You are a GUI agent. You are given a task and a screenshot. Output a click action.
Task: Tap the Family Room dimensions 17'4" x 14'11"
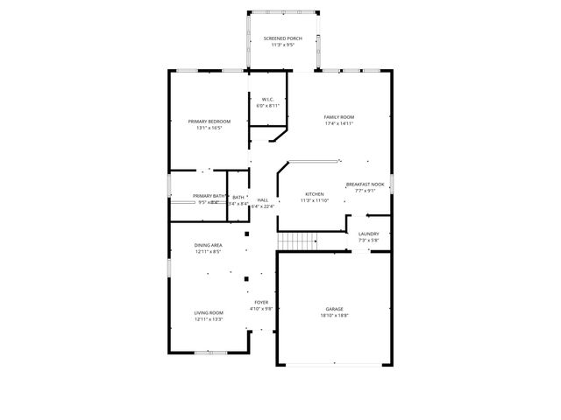click(x=338, y=123)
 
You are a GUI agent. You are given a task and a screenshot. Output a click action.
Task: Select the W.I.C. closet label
click(x=266, y=99)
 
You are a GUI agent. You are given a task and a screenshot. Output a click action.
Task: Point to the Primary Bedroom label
click(x=209, y=121)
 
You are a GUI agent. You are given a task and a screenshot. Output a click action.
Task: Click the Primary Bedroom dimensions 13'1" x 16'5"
click(x=209, y=128)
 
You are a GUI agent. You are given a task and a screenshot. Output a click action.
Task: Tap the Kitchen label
click(x=314, y=193)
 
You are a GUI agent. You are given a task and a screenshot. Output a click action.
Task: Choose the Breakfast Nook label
click(x=365, y=185)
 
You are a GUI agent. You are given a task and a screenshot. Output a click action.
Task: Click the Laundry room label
click(x=368, y=234)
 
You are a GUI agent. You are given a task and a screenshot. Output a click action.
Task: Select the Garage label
click(x=334, y=309)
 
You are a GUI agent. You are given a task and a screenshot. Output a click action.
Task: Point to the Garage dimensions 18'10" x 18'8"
click(x=334, y=316)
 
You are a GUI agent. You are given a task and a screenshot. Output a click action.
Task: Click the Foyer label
click(x=261, y=302)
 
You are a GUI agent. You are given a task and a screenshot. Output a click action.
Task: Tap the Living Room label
click(x=209, y=312)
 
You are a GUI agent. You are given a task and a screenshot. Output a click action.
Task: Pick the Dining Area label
click(x=208, y=245)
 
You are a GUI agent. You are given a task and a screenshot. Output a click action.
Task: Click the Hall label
click(x=262, y=199)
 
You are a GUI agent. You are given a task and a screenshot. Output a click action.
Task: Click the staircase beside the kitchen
click(x=297, y=241)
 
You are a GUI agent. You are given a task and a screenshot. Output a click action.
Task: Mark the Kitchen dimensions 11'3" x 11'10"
click(x=314, y=200)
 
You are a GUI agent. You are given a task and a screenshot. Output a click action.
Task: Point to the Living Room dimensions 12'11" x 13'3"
click(x=209, y=319)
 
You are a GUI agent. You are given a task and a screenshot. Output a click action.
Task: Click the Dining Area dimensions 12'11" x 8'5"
click(x=208, y=252)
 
